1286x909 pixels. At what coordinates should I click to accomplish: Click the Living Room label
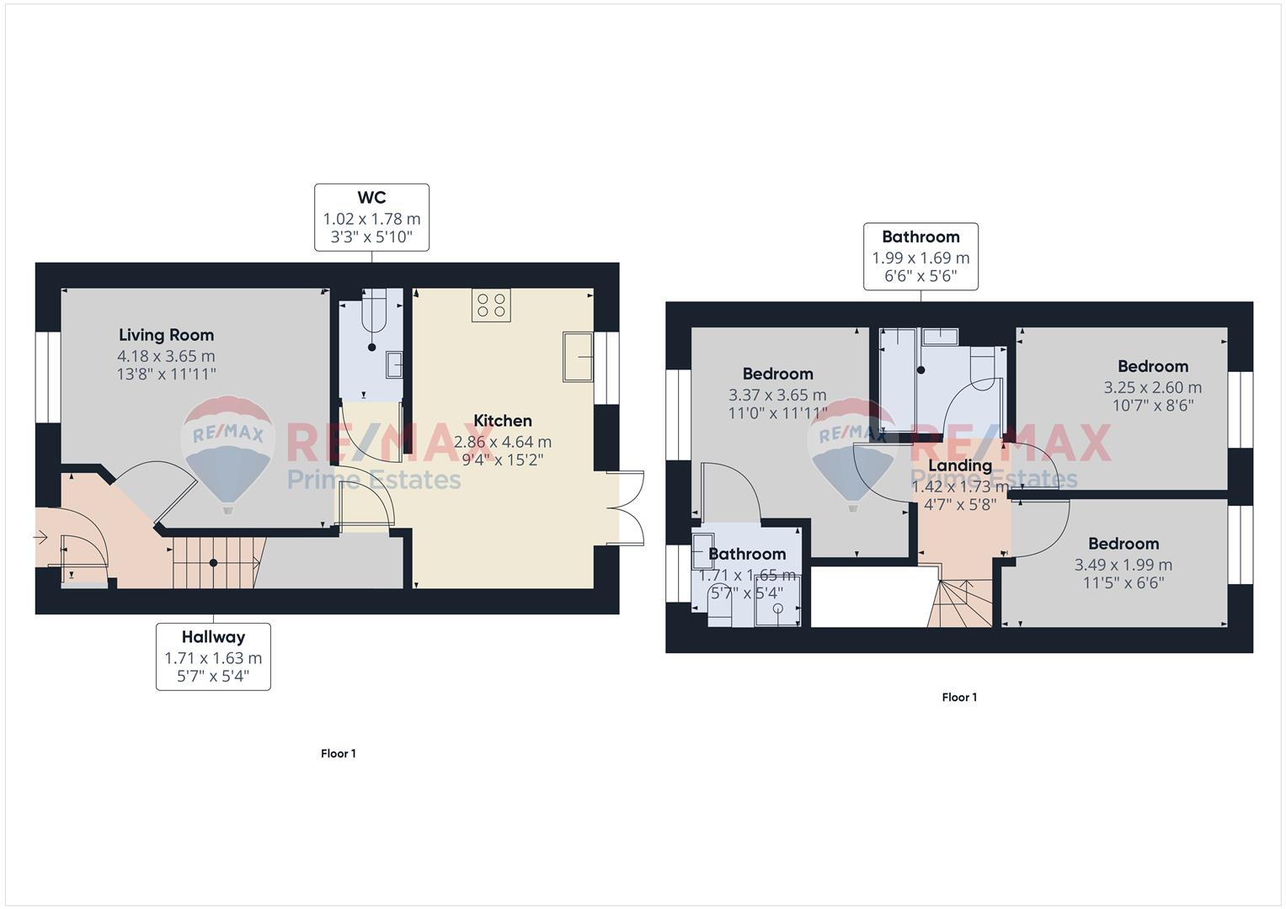click(x=167, y=335)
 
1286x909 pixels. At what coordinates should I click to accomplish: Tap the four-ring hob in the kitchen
click(x=491, y=305)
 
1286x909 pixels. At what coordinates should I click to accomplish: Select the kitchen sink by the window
click(x=578, y=356)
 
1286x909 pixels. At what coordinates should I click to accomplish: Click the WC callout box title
click(x=371, y=198)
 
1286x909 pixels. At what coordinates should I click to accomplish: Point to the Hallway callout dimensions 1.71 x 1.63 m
click(x=213, y=657)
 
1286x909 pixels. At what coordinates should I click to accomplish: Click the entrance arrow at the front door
click(x=40, y=538)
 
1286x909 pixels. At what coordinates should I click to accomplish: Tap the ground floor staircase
click(x=217, y=562)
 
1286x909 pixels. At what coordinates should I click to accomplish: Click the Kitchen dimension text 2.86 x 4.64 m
click(x=502, y=442)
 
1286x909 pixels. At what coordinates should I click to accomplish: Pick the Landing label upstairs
click(x=960, y=465)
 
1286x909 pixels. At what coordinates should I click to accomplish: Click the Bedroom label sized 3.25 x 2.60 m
click(x=1153, y=366)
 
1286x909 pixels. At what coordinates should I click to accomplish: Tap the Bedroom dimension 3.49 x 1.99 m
click(x=1123, y=565)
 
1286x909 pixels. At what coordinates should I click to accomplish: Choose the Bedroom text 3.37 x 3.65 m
click(x=777, y=395)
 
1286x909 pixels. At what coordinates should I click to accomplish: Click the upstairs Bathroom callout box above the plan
click(x=920, y=257)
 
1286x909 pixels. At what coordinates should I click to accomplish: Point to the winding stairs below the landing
click(x=960, y=603)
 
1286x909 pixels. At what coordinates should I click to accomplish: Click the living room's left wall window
click(x=48, y=378)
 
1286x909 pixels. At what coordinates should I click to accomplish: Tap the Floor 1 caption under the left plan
click(x=339, y=753)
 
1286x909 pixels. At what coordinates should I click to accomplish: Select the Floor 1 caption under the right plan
click(x=959, y=697)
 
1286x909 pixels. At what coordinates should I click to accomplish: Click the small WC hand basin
click(x=394, y=364)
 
